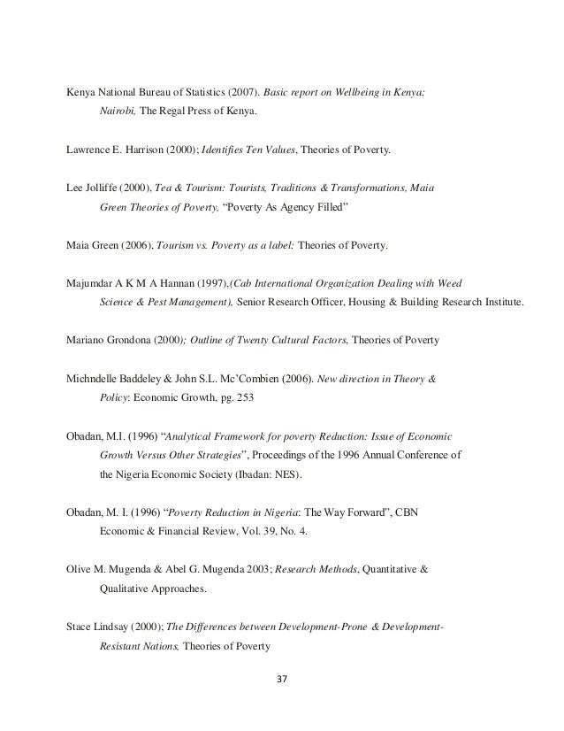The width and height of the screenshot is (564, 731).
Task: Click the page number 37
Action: pos(282,681)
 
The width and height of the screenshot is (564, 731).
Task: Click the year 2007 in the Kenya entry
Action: pos(241,91)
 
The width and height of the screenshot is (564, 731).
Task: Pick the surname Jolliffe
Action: pos(103,188)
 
